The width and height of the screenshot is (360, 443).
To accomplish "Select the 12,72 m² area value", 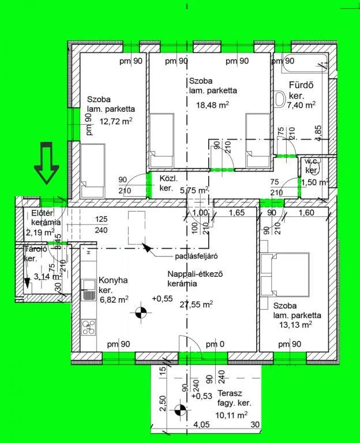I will pos(115,121).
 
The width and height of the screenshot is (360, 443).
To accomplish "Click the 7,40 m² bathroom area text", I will pos(301,104).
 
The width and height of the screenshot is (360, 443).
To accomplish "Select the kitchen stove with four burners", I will pos(89,327).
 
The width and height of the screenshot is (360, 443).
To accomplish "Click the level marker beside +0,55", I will pos(139,314).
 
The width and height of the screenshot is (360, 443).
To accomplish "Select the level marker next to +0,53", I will pos(181,410).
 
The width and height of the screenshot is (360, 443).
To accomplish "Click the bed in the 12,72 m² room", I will pos(92,171).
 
